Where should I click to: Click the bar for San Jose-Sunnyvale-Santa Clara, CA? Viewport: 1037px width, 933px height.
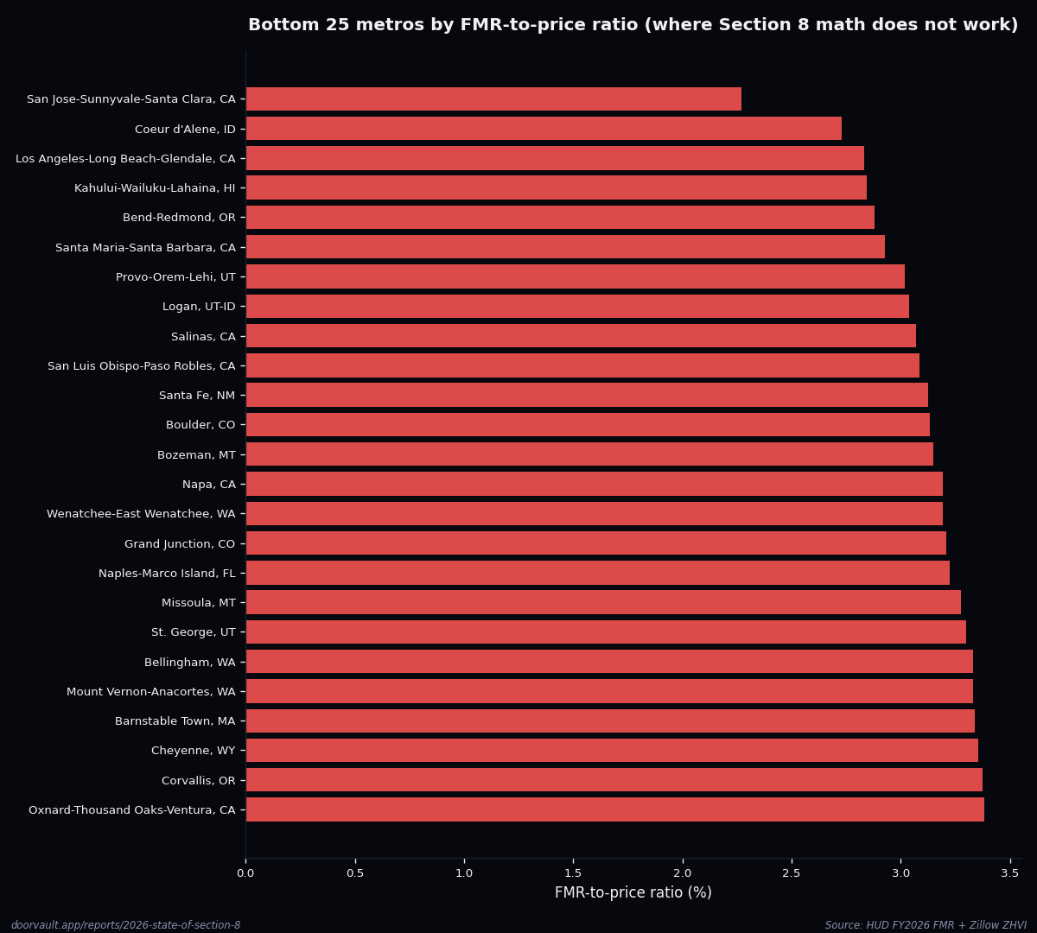(x=493, y=99)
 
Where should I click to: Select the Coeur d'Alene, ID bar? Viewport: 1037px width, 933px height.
(x=544, y=129)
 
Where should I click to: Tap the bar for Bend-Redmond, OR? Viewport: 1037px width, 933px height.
(x=560, y=218)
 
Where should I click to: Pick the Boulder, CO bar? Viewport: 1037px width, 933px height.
(x=588, y=425)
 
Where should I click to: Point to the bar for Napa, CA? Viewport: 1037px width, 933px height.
(x=594, y=484)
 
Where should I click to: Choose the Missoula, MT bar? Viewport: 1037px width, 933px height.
(x=603, y=602)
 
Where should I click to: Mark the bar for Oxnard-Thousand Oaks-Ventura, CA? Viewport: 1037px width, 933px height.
(x=614, y=809)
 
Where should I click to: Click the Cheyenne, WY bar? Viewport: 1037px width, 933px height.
(x=612, y=751)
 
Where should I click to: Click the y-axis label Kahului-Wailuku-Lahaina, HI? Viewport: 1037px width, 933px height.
(x=155, y=188)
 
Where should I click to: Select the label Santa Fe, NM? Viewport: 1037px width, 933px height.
(x=197, y=396)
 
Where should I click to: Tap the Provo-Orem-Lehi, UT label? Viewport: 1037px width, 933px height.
(x=175, y=277)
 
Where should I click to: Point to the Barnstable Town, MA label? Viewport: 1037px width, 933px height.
(x=175, y=721)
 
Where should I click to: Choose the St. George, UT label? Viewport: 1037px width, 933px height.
(x=193, y=632)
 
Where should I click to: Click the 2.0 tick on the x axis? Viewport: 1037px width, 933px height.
(x=683, y=873)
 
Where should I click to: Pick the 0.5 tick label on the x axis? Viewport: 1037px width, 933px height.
(x=355, y=873)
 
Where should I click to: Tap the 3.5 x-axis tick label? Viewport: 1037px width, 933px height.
(x=1010, y=873)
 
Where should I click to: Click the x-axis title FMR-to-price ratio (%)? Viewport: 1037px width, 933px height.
(x=633, y=893)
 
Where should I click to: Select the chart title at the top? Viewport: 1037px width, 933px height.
(x=633, y=25)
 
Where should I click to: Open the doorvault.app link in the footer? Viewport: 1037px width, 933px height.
(x=126, y=925)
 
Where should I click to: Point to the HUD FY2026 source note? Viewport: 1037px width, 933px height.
(x=926, y=925)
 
